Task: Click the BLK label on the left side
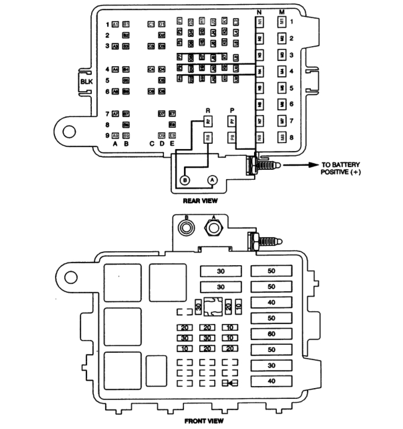pyautogui.click(x=86, y=82)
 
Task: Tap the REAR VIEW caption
pyautogui.click(x=200, y=201)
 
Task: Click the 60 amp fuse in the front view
pyautogui.click(x=271, y=335)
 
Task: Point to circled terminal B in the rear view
pyautogui.click(x=185, y=180)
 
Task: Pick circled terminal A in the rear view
pyautogui.click(x=212, y=180)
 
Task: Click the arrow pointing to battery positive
pyautogui.click(x=301, y=165)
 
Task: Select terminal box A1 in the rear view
pyautogui.click(x=115, y=24)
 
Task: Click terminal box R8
pyautogui.click(x=208, y=138)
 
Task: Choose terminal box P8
pyautogui.click(x=232, y=138)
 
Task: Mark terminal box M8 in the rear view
pyautogui.click(x=282, y=138)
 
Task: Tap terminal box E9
pyautogui.click(x=172, y=136)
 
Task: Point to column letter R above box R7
pyautogui.click(x=208, y=110)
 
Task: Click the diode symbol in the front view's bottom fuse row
pyautogui.click(x=232, y=382)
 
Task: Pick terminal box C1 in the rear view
pyautogui.click(x=151, y=24)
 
